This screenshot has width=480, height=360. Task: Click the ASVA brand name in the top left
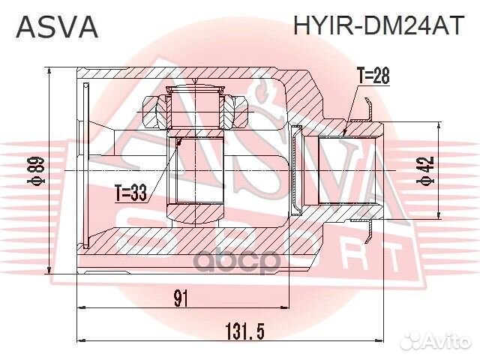57,27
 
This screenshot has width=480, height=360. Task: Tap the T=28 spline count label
372,76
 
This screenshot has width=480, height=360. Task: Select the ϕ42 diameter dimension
428,172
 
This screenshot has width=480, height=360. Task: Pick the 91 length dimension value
180,298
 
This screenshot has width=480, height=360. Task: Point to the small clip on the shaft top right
367,109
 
